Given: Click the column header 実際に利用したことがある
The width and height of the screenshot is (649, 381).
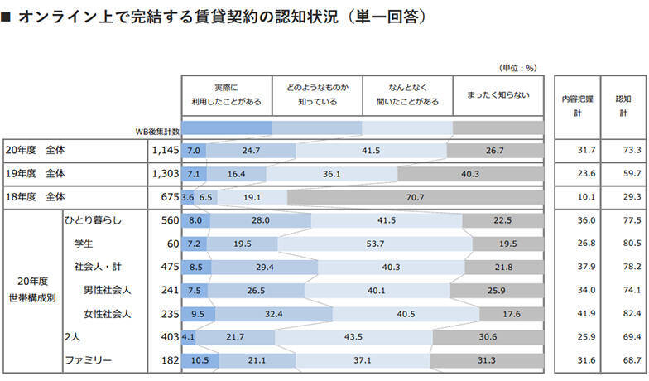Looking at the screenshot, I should pyautogui.click(x=227, y=94).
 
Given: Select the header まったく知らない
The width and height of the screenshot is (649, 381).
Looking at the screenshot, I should pyautogui.click(x=498, y=94).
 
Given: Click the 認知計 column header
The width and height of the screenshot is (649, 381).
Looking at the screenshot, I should pyautogui.click(x=623, y=105).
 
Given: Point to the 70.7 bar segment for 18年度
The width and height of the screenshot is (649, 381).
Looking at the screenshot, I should pyautogui.click(x=416, y=197).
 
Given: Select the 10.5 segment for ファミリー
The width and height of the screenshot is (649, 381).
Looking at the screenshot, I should pyautogui.click(x=200, y=359).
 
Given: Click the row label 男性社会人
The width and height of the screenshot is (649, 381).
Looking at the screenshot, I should pyautogui.click(x=107, y=290).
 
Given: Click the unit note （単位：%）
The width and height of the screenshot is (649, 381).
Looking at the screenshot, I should pyautogui.click(x=518, y=68).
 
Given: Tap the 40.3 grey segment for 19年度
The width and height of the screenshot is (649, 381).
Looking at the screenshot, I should pyautogui.click(x=470, y=174).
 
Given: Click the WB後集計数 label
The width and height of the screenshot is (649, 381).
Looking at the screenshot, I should pyautogui.click(x=156, y=131).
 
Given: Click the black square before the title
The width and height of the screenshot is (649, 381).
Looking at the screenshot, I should pyautogui.click(x=7, y=17).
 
